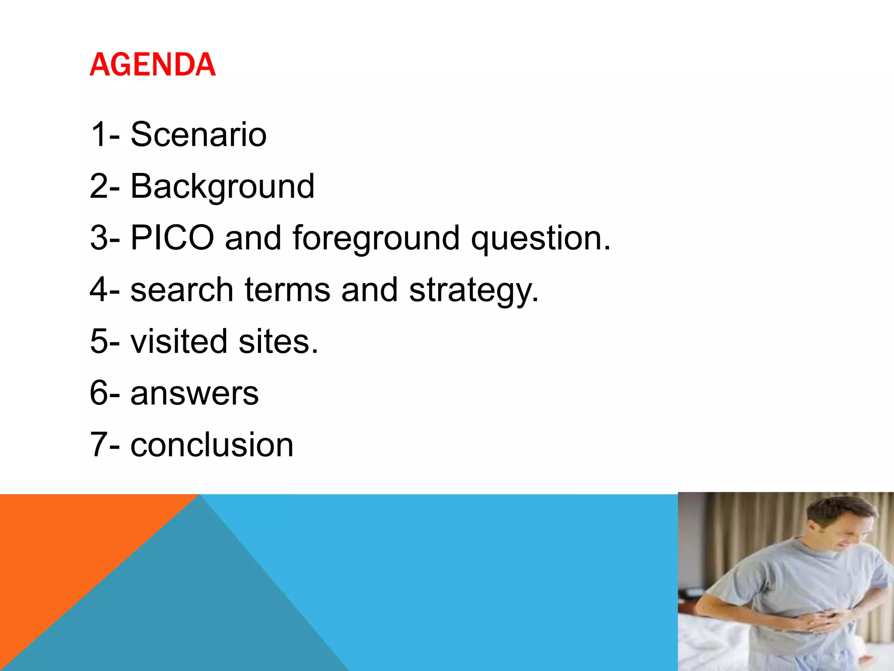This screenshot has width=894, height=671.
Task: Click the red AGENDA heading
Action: pos(152,65)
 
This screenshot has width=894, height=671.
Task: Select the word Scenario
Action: pos(198,135)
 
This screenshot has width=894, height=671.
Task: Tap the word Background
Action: pos(222,187)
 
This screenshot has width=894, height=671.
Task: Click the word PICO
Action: pos(172,238)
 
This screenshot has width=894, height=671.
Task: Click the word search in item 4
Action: pos(182,290)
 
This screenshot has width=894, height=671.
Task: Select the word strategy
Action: pos(474,291)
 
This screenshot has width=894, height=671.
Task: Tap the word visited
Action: pos(179,341)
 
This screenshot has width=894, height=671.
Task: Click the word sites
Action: pos(278,341)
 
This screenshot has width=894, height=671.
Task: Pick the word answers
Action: pos(194,393)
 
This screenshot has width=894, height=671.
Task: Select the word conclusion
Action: pos(212,445)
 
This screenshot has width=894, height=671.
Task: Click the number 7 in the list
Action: pos(98,445)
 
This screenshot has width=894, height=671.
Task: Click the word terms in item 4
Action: pos(287,290)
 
